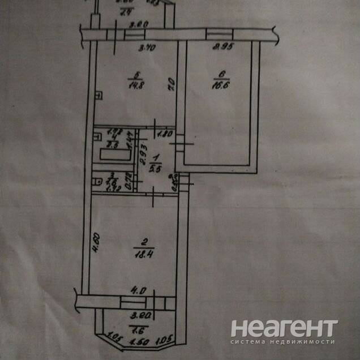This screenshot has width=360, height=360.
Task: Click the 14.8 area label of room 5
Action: (x=134, y=85)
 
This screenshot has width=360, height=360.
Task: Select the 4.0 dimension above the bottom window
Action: (x=137, y=290)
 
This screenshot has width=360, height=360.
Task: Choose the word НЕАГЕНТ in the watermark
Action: (x=284, y=329)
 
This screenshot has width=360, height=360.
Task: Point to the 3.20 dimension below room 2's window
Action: (x=136, y=318)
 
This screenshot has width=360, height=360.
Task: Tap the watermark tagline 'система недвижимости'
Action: (x=284, y=342)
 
